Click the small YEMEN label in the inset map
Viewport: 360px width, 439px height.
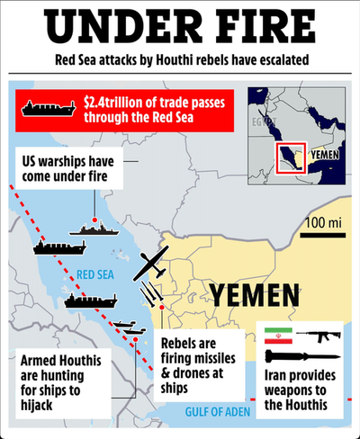326,155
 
